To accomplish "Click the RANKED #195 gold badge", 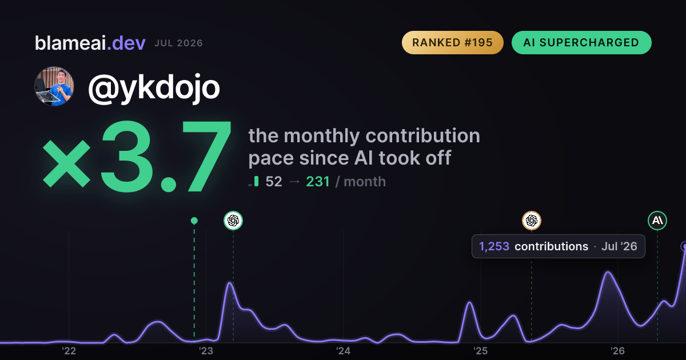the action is [452, 42].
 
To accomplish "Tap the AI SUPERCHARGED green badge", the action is [581, 42].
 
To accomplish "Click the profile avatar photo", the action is [54, 87].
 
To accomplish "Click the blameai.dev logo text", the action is [90, 43].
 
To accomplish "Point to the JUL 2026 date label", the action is [178, 43].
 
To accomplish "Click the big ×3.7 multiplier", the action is [137, 156].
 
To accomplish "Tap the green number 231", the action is [318, 182].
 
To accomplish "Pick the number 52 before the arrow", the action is [274, 182].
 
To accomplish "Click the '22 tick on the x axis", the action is [69, 351].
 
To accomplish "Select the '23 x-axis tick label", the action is [206, 351].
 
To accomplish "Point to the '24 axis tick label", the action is [343, 351].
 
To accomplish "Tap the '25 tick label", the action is [481, 351].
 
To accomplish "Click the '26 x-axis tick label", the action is [617, 351].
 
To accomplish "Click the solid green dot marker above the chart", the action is [194, 221].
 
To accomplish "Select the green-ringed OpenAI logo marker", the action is [233, 221].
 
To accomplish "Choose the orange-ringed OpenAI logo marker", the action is [531, 221].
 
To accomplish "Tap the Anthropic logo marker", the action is [657, 221].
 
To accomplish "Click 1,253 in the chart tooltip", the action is [494, 246].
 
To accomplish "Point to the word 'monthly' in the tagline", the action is [321, 136].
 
